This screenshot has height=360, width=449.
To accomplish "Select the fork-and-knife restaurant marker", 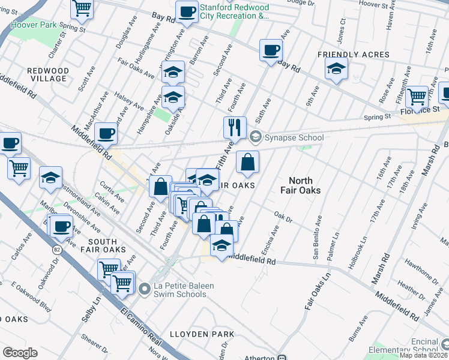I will click(235, 127).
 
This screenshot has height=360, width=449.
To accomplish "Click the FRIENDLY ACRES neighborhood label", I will click(353, 55).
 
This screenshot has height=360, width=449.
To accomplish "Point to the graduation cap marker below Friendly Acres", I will click(336, 69).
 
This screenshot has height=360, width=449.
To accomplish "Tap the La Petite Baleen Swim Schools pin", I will click(143, 290).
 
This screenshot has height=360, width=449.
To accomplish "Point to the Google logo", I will click(20, 353).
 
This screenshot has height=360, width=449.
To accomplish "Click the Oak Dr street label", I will click(282, 215).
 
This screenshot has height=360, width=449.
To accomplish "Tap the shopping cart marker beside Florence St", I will click(416, 96).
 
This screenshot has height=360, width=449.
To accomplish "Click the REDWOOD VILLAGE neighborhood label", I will click(47, 75).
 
